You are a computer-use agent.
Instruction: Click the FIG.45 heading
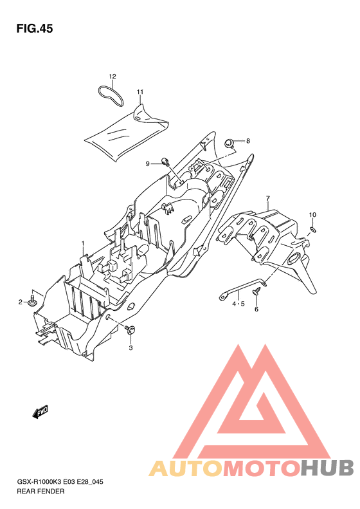(x=34, y=28)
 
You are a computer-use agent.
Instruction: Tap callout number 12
(x=113, y=77)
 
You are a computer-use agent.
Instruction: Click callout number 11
(x=139, y=92)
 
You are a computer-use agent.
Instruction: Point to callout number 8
(x=248, y=141)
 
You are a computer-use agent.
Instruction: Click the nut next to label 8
(x=230, y=143)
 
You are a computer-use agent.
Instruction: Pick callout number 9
(x=148, y=164)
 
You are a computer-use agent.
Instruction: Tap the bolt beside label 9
(x=165, y=161)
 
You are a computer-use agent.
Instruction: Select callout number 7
(x=268, y=198)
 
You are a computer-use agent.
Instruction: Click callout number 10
(x=312, y=214)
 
